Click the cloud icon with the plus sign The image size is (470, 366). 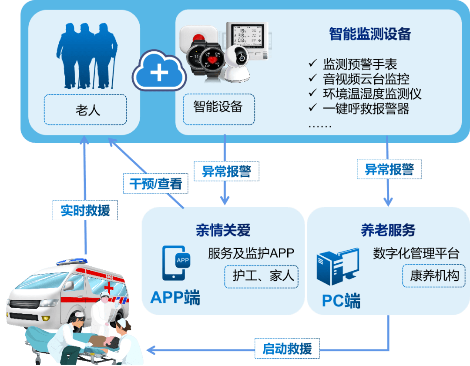158,72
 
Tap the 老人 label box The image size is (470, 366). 85,110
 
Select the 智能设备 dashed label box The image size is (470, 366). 218,107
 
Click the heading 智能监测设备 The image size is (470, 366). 370,34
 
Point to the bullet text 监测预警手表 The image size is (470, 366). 360,64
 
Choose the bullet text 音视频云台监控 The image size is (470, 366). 366,79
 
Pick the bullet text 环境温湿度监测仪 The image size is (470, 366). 372,93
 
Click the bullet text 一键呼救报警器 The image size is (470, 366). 366,108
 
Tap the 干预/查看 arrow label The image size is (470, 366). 155,185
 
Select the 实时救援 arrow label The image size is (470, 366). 85,210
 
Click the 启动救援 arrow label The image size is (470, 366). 287,349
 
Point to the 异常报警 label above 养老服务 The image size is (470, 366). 389,169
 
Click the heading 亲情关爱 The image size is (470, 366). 223,230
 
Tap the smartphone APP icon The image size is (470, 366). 176,263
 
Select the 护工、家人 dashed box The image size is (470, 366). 262,276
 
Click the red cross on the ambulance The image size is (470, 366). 109,288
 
